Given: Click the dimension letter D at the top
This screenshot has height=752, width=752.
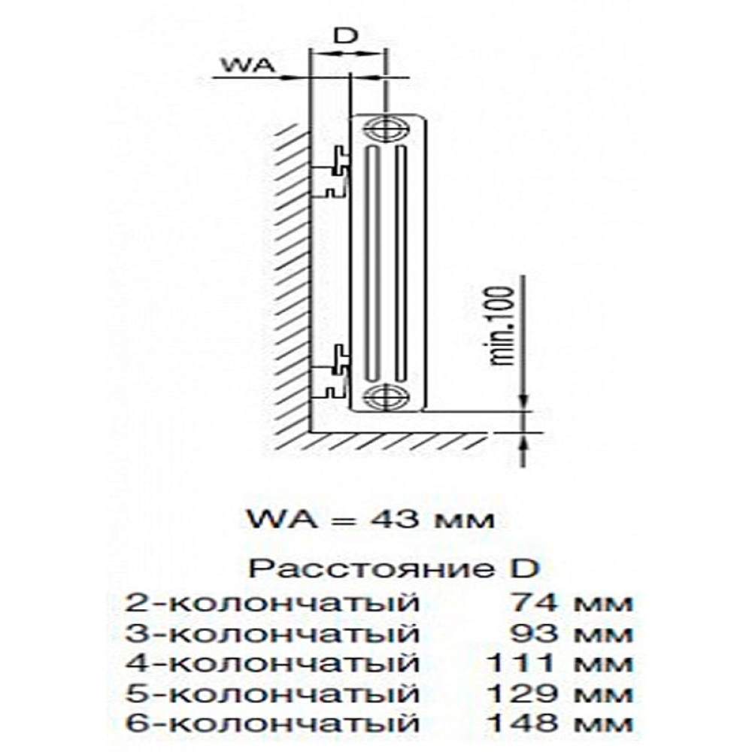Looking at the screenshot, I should (x=345, y=36).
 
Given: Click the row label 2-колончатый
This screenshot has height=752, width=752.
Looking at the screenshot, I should (x=272, y=603).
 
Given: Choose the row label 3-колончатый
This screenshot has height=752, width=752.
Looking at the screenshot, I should (x=272, y=633).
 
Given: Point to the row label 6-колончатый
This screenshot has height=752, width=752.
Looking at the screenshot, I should (x=272, y=723).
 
